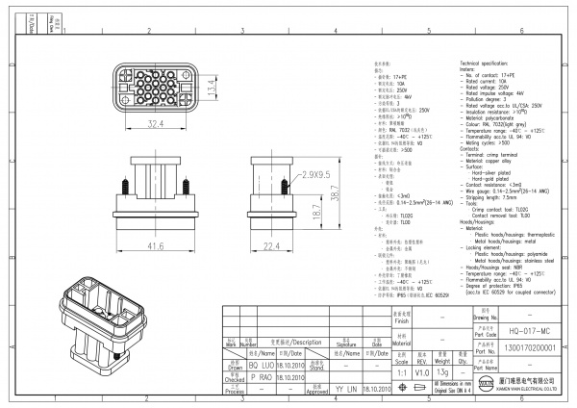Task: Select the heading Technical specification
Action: click(x=489, y=61)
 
